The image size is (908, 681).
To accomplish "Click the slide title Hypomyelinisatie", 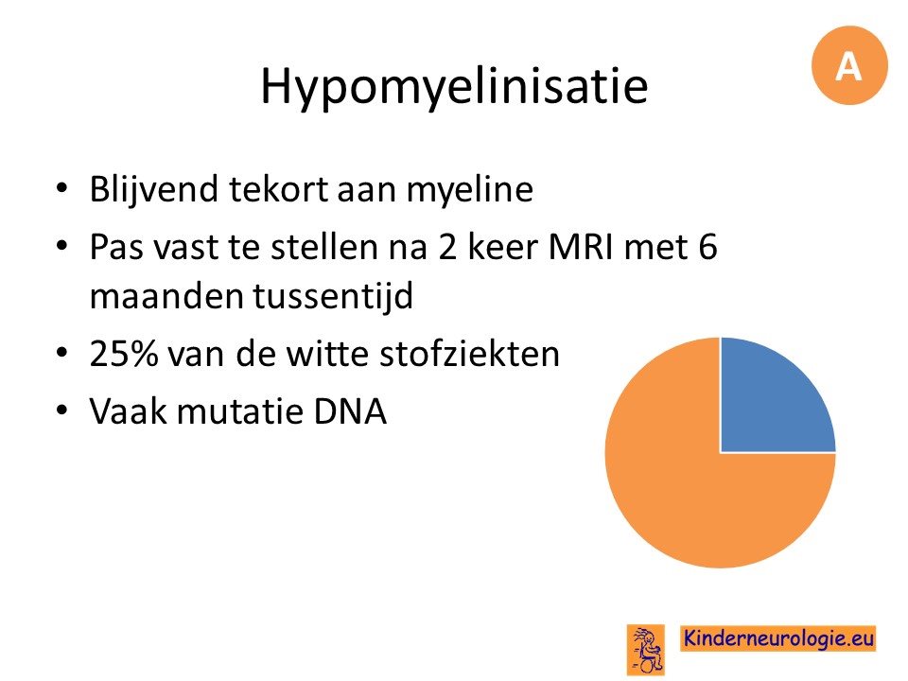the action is point(454,87).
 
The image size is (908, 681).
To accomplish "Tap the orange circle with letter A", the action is point(849,65).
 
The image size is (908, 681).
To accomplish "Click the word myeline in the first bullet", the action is point(470,190).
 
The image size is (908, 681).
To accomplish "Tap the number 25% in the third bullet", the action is point(123,353).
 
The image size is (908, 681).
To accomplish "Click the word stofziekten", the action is point(470,353).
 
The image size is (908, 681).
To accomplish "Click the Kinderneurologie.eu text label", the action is point(778,638).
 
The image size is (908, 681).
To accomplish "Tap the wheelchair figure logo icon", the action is point(646,649).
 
